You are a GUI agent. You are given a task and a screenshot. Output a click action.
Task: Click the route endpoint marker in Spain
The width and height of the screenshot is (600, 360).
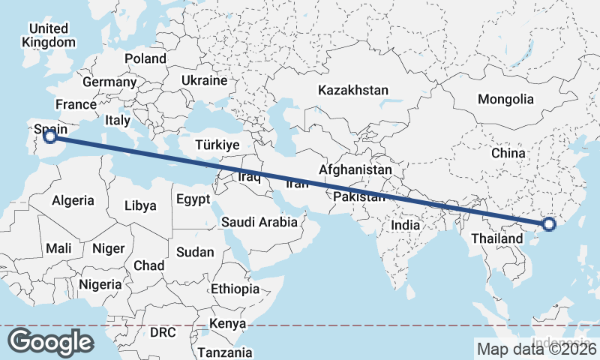[x=49, y=136]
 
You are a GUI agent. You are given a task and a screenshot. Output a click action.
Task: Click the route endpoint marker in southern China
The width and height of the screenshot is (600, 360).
[x=548, y=223]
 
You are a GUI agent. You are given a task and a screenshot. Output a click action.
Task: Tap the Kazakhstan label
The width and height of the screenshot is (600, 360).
[x=352, y=90]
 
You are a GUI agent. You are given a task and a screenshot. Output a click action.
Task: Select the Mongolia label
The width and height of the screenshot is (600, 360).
[x=505, y=99]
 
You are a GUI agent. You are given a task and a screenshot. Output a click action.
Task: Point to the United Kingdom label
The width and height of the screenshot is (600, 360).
[x=49, y=35]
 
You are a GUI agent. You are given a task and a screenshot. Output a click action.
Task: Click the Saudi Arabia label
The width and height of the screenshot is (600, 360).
[x=259, y=222]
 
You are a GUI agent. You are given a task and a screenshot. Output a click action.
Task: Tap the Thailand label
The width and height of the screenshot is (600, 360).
[x=496, y=238]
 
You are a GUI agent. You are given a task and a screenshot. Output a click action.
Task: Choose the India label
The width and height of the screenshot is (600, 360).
[x=406, y=224]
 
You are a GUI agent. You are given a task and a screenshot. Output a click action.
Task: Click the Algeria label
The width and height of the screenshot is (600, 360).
[x=73, y=200]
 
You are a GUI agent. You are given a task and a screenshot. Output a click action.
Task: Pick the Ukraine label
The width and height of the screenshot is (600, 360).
[x=204, y=80]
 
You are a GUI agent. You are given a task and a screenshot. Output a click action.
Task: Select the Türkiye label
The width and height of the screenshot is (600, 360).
[x=216, y=145]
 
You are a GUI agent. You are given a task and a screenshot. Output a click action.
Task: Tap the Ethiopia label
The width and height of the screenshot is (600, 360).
[x=235, y=289]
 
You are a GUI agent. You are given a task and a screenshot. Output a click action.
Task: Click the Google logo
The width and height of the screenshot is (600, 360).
[x=50, y=341]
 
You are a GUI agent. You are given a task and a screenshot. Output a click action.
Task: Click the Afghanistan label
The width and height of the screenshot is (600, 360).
[x=355, y=170]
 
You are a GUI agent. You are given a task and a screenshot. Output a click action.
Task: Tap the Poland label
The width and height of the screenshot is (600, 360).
[x=145, y=58]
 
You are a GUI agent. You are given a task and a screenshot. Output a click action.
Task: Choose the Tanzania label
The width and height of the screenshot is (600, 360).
[x=225, y=352]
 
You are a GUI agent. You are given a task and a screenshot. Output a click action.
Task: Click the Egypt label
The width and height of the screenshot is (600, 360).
[x=193, y=199]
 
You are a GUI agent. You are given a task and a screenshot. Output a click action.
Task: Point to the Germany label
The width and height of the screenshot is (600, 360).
[x=109, y=82]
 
